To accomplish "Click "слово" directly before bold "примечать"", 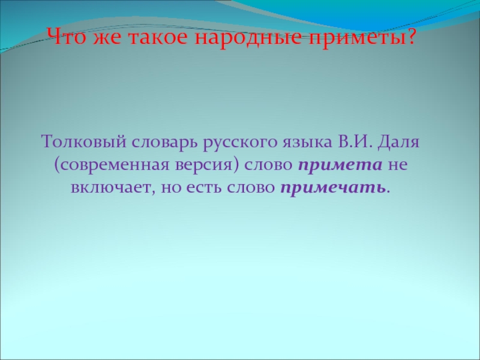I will pos(252,187).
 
